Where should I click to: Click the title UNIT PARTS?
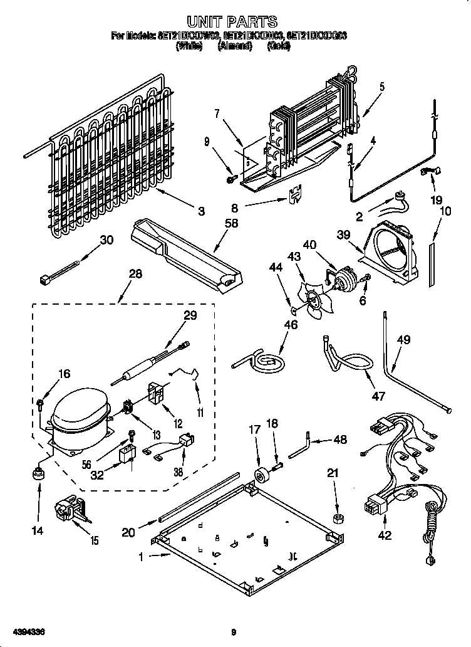(232, 23)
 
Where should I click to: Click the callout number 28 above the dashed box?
(135, 273)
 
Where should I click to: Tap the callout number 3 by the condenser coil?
(201, 213)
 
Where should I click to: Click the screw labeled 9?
(230, 180)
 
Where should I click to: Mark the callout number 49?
(403, 340)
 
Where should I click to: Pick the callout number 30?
(106, 239)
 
